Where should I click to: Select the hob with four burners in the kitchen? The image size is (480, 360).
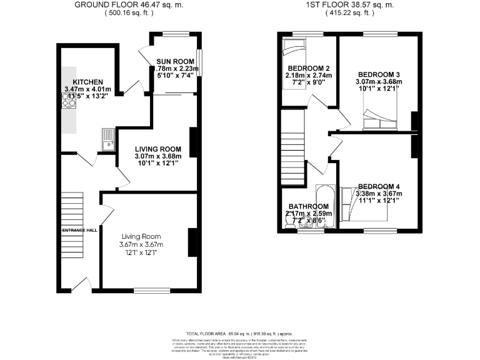(x=68, y=101)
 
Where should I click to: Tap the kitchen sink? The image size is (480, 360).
(x=108, y=138)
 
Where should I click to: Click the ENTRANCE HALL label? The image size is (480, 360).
(x=79, y=231)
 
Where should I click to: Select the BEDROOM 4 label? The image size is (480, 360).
(x=379, y=186)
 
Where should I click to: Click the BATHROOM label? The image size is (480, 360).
(x=308, y=206)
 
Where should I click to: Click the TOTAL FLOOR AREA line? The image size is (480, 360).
(x=240, y=334)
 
